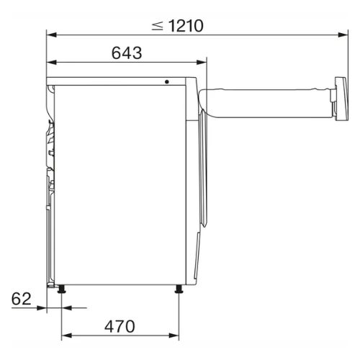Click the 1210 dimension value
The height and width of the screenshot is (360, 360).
(x=186, y=26)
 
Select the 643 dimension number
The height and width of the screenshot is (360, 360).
(x=127, y=53)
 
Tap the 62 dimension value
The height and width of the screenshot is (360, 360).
(x=21, y=299)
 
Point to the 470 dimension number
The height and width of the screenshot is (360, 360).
(x=120, y=326)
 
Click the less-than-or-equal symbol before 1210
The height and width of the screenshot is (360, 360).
(x=158, y=26)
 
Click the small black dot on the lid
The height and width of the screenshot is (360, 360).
(x=167, y=82)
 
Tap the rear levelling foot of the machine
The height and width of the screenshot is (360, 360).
(x=62, y=289)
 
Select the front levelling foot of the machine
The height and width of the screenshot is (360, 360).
(x=179, y=289)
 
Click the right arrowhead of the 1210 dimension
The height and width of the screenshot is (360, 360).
(x=343, y=35)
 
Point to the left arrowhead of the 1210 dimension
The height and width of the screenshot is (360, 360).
(x=52, y=35)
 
